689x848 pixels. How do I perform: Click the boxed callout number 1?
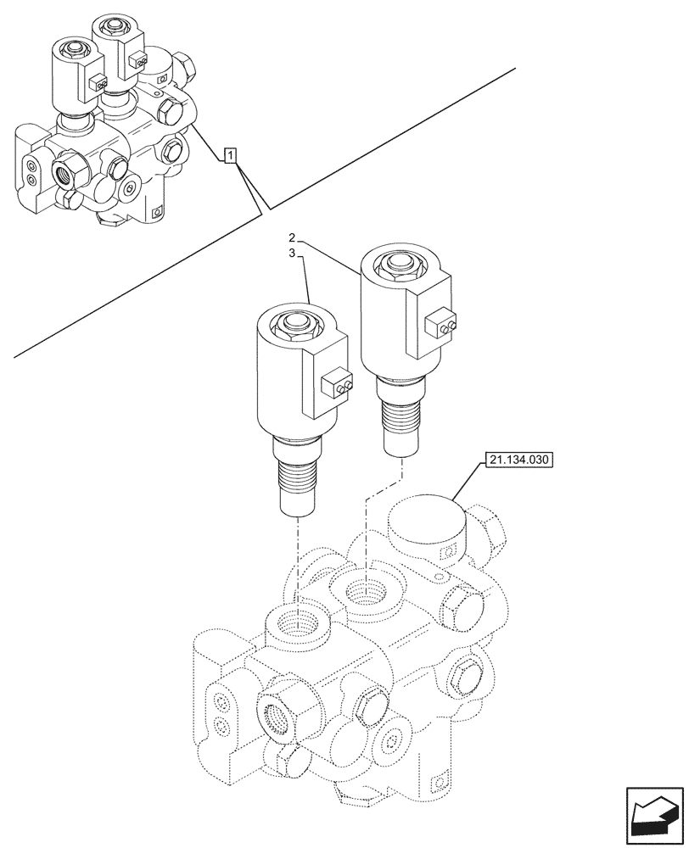click(231, 154)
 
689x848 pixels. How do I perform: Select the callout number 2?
click(291, 237)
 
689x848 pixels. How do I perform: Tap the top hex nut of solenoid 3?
click(296, 323)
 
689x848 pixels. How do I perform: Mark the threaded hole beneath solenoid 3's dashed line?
click(297, 626)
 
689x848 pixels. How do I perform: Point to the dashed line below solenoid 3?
click(297, 560)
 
